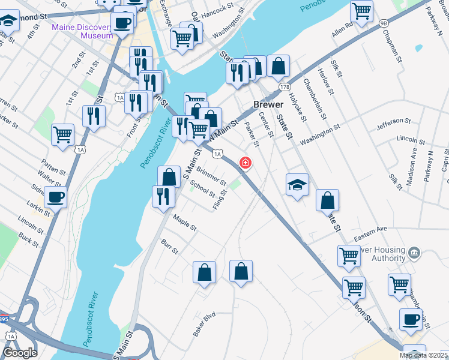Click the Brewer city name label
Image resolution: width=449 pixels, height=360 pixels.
coord(268,104)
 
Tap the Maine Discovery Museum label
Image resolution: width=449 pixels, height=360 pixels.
coord(82,31)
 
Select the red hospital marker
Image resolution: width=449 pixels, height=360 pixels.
coord(246,163)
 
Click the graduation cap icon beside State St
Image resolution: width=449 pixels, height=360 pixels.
coord(297,184)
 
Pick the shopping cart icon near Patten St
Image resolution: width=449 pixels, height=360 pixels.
coord(62,134)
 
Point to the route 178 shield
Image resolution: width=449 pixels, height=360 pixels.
coord(283,87)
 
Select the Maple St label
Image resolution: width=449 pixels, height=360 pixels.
coord(185,223)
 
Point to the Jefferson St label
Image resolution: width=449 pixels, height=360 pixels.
coord(392,124)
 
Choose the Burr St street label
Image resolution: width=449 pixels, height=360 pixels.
coord(170,247)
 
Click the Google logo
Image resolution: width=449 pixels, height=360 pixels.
coord(20,353)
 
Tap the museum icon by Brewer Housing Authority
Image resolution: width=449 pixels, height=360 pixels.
coord(413,253)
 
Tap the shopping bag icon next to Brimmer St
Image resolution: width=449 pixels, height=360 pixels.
coord(169,176)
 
